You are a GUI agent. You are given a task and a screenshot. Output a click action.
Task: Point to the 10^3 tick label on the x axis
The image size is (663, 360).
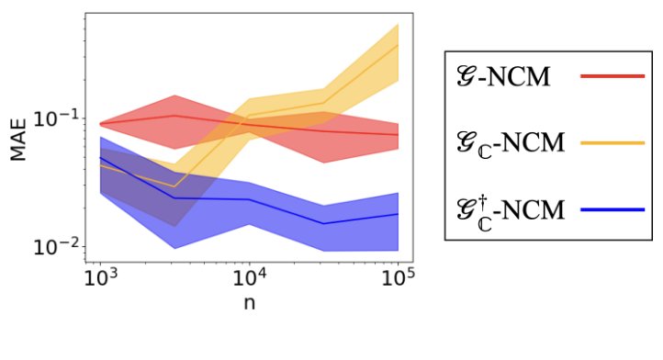pyautogui.click(x=98, y=276)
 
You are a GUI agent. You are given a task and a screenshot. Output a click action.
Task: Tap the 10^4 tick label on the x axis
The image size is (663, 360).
pyautogui.click(x=248, y=276)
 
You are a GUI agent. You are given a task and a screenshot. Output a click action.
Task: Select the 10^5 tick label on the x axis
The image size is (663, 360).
pyautogui.click(x=398, y=276)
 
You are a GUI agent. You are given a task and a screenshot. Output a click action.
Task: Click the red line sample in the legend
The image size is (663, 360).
pyautogui.click(x=613, y=76)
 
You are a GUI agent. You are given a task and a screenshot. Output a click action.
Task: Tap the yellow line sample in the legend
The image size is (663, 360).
pyautogui.click(x=613, y=142)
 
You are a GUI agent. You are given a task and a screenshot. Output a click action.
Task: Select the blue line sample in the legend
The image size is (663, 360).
pyautogui.click(x=613, y=210)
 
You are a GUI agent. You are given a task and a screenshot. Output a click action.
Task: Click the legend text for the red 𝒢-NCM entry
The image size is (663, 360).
pyautogui.click(x=503, y=76)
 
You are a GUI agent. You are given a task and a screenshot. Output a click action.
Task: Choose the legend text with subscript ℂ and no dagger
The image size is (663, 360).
pyautogui.click(x=509, y=143)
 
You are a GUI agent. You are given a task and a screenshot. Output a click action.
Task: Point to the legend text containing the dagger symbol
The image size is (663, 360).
pyautogui.click(x=509, y=209)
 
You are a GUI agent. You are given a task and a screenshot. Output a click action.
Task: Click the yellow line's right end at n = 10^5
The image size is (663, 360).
pyautogui.click(x=398, y=44)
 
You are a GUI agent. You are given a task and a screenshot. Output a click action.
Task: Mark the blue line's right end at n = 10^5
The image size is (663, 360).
pyautogui.click(x=398, y=214)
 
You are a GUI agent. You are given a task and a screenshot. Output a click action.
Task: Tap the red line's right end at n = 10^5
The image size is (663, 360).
pyautogui.click(x=398, y=135)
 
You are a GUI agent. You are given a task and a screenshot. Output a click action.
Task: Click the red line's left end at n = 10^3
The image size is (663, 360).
pyautogui.click(x=99, y=123)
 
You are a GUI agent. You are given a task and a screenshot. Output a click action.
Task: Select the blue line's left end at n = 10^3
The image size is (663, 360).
pyautogui.click(x=99, y=158)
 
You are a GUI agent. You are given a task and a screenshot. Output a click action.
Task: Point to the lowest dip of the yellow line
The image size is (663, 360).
pyautogui.click(x=174, y=186)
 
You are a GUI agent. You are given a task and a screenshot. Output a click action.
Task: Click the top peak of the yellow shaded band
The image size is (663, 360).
pyautogui.click(x=398, y=24)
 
